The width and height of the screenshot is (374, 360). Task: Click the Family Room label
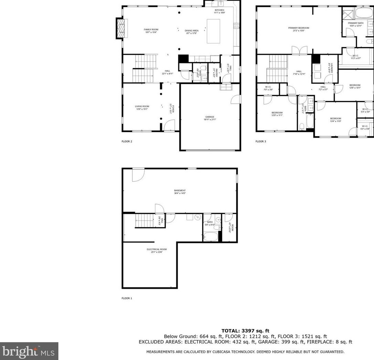click(x=151, y=30)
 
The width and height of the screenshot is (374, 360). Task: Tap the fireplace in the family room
click(x=121, y=29)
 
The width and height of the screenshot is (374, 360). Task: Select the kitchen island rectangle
click(x=213, y=31)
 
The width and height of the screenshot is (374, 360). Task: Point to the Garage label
click(x=210, y=117)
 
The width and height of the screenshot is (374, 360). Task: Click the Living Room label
click(x=142, y=106)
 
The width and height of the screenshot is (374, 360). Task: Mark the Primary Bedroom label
click(x=298, y=28)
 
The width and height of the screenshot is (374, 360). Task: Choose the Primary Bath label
click(x=355, y=23)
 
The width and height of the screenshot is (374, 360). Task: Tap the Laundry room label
click(x=329, y=67)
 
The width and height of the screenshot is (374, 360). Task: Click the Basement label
click(x=180, y=191)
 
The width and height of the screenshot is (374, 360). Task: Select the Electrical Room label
click(x=156, y=249)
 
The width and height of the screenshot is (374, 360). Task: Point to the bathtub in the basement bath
click(x=210, y=237)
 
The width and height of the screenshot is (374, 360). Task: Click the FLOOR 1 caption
click(x=126, y=298)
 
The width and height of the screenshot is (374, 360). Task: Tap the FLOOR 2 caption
click(x=126, y=141)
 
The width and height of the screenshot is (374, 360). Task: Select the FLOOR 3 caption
click(x=261, y=141)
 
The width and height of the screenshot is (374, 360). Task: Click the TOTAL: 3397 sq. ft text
click(x=245, y=331)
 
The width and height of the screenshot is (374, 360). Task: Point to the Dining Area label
click(x=192, y=31)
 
